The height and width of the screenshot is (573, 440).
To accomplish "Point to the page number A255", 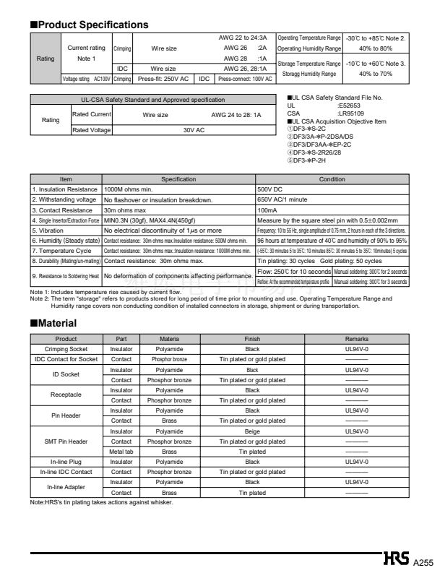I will coord(424,561).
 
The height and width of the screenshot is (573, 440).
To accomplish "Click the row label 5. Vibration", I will coord(48,230).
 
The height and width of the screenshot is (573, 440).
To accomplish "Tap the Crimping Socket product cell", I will coord(66,348).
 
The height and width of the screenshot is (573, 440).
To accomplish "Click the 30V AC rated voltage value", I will coord(194,130).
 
